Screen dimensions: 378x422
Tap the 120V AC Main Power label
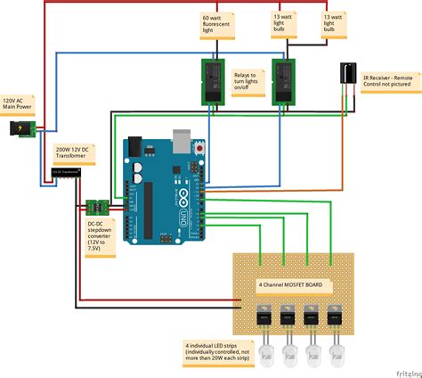[x=20, y=105]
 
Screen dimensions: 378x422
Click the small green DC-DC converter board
[x=101, y=203]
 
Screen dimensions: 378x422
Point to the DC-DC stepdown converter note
[x=101, y=234]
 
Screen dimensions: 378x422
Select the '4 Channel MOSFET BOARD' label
[x=289, y=285]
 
